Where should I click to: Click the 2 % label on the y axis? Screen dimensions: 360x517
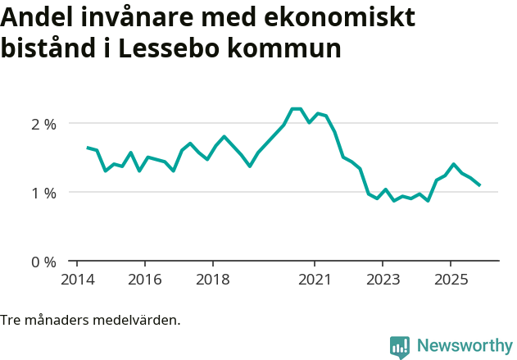coord(43,124)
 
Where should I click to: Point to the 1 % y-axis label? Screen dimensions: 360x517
coord(43,193)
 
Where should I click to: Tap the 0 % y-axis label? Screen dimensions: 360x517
coord(43,262)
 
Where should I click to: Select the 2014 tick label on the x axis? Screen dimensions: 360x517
coord(76,279)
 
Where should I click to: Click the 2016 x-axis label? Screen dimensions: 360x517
coord(144,279)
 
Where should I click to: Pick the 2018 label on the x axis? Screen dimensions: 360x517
coord(212,279)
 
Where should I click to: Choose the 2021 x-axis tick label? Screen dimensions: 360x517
coord(314,279)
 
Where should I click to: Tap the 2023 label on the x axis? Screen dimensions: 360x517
coord(382,279)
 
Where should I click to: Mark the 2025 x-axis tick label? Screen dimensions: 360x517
coord(450,279)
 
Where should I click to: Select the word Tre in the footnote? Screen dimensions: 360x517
coord(11,320)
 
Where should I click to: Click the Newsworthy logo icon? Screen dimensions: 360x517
coord(400,347)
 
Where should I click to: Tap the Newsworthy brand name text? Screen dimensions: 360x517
coord(464,346)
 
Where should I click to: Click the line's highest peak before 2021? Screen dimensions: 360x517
coord(296,108)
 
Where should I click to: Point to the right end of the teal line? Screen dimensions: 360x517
coord(479,185)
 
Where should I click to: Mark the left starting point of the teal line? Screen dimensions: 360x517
coord(88,148)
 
